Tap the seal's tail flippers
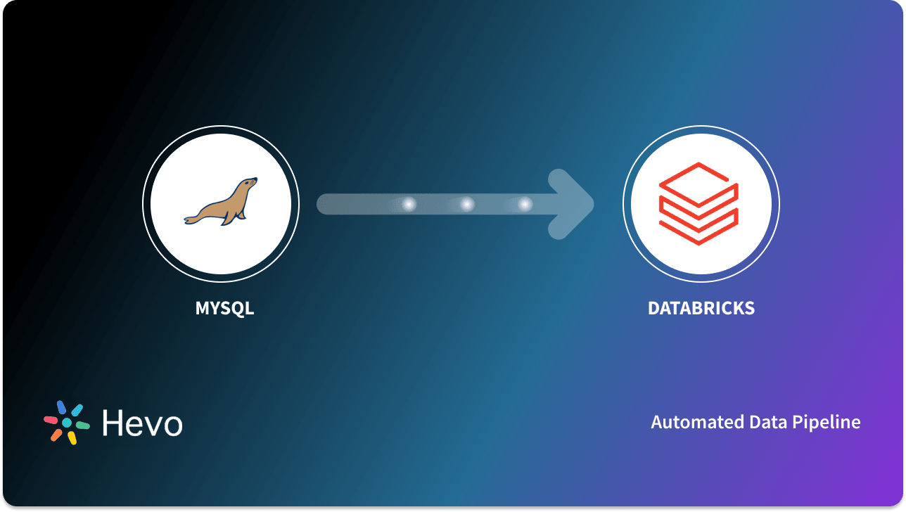pos(191,219)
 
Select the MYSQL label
pos(224,308)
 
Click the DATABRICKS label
pos(701,308)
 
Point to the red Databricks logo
pos(698,204)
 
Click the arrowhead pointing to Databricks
pos(573,204)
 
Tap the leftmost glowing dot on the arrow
pos(409,204)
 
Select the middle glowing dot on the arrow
pos(467,204)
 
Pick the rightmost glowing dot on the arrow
pos(525,204)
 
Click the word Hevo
pos(142,423)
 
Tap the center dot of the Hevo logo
pos(67,423)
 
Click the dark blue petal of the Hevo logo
pos(61,407)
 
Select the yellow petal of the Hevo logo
pos(72,438)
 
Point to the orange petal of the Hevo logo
pos(56,435)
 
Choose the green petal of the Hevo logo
pos(82,425)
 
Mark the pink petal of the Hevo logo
pos(51,420)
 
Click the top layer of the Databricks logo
pos(698,180)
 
